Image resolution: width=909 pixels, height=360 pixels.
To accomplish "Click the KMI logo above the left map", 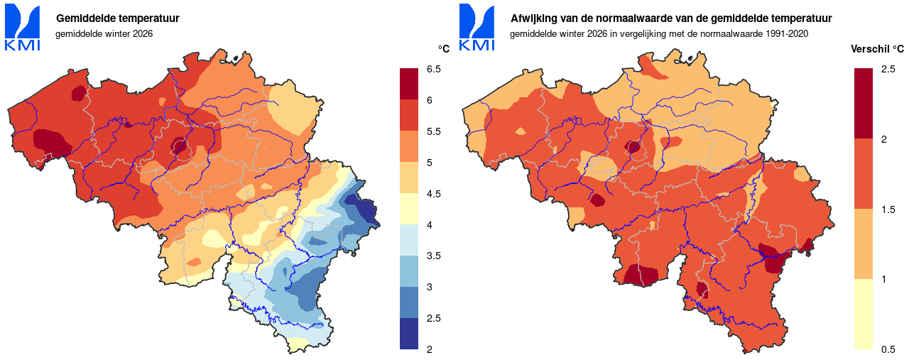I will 22,27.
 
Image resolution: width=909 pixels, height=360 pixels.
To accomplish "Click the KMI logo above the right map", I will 477,27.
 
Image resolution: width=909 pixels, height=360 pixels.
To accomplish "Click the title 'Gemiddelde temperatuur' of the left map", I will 117,18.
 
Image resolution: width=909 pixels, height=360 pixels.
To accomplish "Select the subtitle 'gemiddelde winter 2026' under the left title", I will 104,33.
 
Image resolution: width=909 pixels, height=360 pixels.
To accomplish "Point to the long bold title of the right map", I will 671,18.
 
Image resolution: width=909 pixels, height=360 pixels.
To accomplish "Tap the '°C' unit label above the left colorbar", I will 443,49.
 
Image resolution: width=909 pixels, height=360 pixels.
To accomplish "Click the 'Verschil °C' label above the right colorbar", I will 877,49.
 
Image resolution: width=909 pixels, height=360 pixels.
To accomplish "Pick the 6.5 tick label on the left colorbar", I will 434,69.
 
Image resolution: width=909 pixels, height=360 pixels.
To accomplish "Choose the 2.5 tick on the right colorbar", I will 888,69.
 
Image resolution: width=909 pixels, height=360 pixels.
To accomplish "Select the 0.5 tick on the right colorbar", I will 888,349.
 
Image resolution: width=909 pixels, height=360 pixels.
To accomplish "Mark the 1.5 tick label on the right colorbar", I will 888,209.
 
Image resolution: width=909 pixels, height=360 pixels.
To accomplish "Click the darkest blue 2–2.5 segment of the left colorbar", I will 410,334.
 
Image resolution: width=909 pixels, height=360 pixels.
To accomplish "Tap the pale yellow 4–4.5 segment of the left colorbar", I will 410,209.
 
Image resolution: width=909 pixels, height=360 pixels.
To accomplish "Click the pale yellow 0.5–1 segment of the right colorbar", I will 864,314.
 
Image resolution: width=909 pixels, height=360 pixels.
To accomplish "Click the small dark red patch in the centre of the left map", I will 178,147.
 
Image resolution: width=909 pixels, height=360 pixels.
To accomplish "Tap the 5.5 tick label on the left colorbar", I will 434,131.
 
